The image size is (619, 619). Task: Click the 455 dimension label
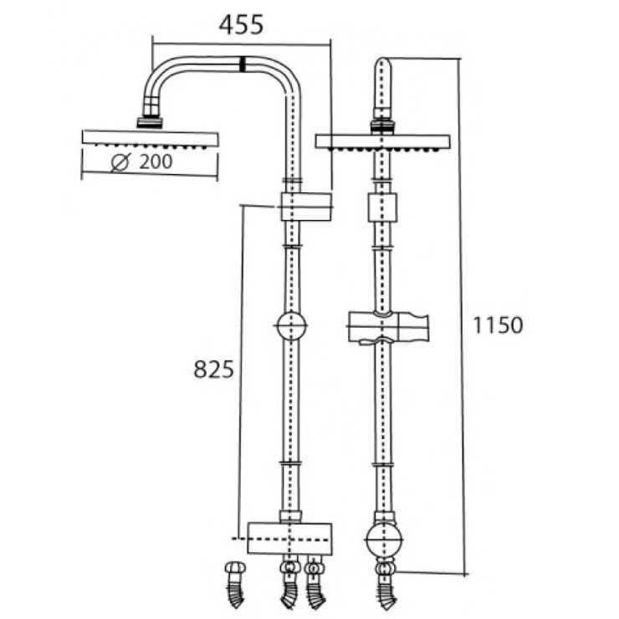(x=241, y=24)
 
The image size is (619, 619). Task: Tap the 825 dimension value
(x=213, y=369)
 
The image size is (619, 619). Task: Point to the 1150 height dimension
(x=498, y=325)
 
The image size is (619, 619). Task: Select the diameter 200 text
(x=156, y=162)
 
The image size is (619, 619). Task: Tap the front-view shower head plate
(x=382, y=141)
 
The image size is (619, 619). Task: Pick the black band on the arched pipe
(x=243, y=64)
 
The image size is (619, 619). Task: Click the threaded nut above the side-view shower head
(x=151, y=120)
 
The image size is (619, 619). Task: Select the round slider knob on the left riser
(x=290, y=325)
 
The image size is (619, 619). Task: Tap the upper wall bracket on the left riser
(x=305, y=206)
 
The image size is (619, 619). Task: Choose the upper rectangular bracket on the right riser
(x=382, y=207)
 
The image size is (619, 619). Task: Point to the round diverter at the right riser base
(x=383, y=541)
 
